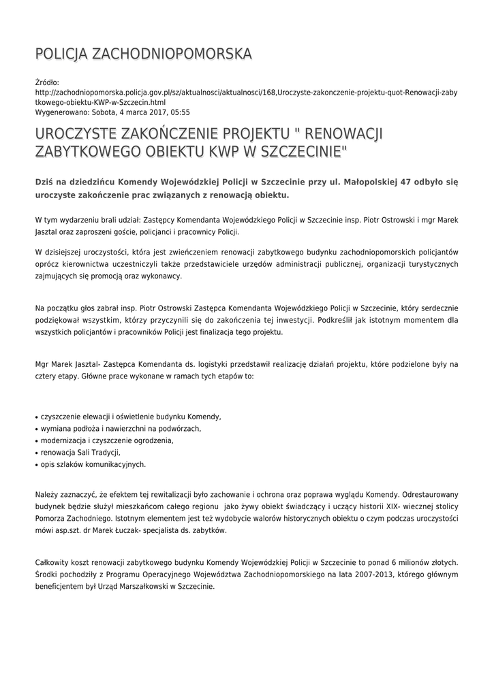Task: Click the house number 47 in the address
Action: coord(429,182)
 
